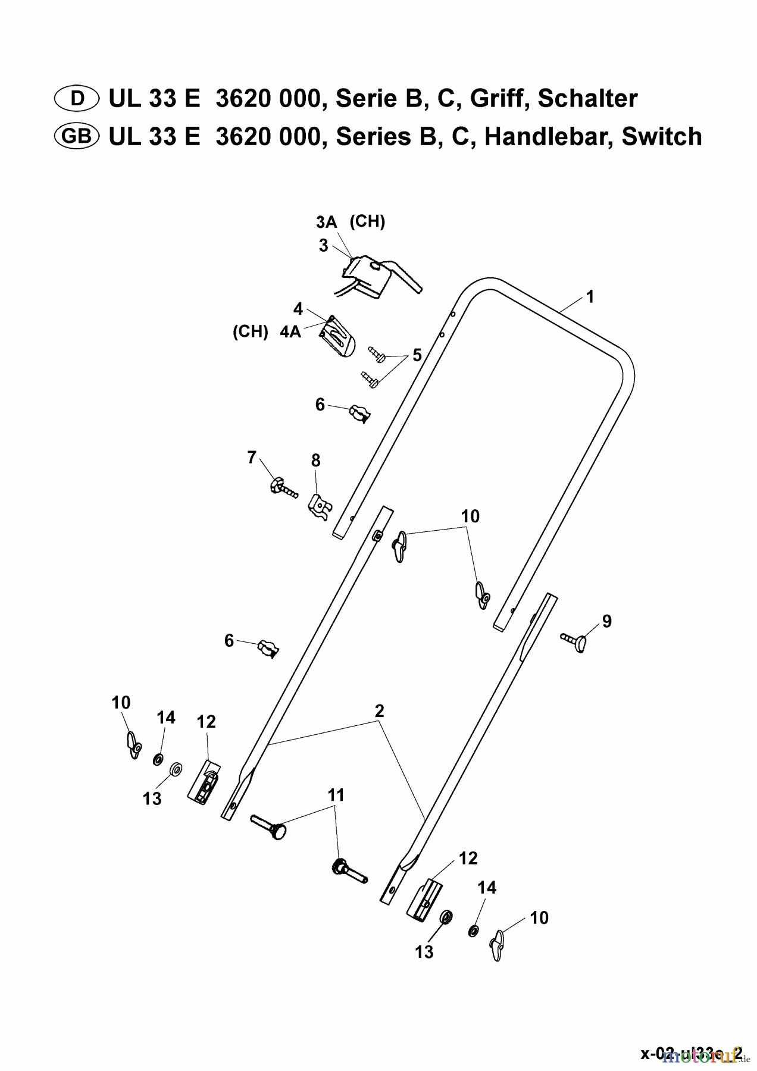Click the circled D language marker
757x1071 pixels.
pyautogui.click(x=77, y=98)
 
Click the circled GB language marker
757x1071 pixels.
pyautogui.click(x=77, y=137)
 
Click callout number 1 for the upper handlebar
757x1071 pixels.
pyautogui.click(x=590, y=297)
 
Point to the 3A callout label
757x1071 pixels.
pyautogui.click(x=326, y=223)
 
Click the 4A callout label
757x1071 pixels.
pyautogui.click(x=290, y=332)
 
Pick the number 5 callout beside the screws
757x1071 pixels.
pyautogui.click(x=417, y=355)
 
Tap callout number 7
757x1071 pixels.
pyautogui.click(x=252, y=458)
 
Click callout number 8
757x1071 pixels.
pyautogui.click(x=315, y=461)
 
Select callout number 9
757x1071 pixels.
pyautogui.click(x=606, y=621)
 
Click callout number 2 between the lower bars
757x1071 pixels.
pyautogui.click(x=379, y=710)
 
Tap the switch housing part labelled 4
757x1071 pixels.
pyautogui.click(x=338, y=337)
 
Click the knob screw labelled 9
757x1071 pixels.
pyautogui.click(x=574, y=641)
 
